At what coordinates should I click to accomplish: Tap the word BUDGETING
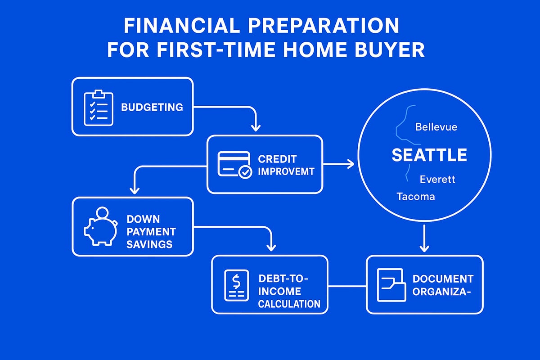click(152, 107)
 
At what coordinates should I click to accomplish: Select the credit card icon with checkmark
click(234, 165)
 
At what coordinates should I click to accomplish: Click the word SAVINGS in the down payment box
click(149, 244)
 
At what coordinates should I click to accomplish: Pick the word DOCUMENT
click(443, 279)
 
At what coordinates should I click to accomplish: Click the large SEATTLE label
click(429, 155)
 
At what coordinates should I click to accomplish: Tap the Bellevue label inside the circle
click(436, 127)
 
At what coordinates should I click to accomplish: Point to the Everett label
click(437, 179)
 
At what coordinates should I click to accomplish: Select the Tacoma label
click(416, 197)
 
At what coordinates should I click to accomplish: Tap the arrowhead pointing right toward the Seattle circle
click(351, 165)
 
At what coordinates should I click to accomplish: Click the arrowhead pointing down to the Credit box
click(255, 128)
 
